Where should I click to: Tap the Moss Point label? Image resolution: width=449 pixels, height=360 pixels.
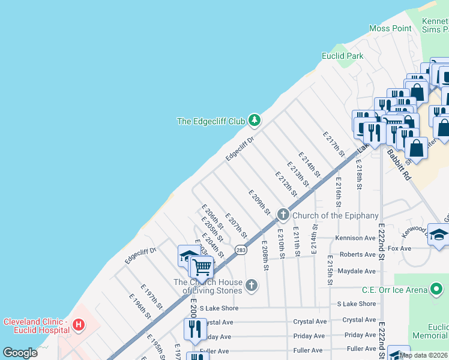tap(390, 28)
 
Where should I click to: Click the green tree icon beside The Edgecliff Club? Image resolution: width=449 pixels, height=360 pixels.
tap(255, 121)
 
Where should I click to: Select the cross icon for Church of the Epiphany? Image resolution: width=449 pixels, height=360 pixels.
tap(283, 215)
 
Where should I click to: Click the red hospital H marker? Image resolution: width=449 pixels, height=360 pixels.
tap(77, 326)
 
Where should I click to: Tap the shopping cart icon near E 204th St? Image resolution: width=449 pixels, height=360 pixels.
tap(202, 266)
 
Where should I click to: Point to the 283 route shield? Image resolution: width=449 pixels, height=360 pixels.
tap(241, 250)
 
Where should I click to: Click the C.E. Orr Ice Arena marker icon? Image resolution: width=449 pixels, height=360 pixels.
tap(438, 290)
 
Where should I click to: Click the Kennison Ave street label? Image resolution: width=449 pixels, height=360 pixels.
tap(356, 238)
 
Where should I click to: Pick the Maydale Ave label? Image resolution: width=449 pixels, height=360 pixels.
tap(357, 271)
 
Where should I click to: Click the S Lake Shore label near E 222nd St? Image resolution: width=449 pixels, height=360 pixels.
tap(357, 304)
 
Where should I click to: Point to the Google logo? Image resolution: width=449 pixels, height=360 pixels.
tap(20, 353)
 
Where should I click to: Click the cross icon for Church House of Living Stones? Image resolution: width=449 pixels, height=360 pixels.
tap(252, 286)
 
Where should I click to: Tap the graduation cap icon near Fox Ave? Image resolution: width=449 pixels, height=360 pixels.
tap(439, 234)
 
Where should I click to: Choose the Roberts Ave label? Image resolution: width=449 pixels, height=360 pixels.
tap(358, 254)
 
